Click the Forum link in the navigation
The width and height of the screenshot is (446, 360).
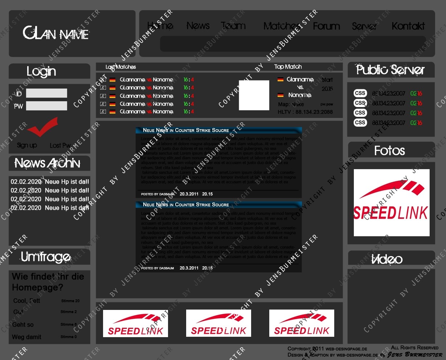[x=326, y=26]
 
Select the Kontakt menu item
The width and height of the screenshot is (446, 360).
[x=408, y=26]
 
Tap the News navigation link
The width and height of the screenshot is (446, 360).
[x=198, y=26]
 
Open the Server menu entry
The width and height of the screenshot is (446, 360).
[x=364, y=26]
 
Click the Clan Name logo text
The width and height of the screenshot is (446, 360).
[x=56, y=33]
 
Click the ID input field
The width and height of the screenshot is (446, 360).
[x=46, y=93]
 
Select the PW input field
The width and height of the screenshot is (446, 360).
[x=46, y=106]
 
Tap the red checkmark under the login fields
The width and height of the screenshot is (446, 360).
[x=43, y=126]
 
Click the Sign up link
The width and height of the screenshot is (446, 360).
[x=27, y=146]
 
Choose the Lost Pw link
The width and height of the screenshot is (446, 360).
[x=60, y=146]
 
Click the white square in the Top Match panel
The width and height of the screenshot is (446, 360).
[x=254, y=95]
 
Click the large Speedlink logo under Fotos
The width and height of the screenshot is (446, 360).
[x=391, y=202]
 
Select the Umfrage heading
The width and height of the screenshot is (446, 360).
[x=46, y=257]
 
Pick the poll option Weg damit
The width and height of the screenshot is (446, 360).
[x=26, y=337]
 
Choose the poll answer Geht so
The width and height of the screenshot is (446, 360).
[x=23, y=325]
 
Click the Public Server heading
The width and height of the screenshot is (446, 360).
[x=390, y=70]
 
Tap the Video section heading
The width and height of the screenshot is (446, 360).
[x=387, y=259]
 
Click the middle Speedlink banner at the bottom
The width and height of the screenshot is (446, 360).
[x=218, y=323]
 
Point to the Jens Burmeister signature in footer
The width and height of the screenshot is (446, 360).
[x=415, y=355]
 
